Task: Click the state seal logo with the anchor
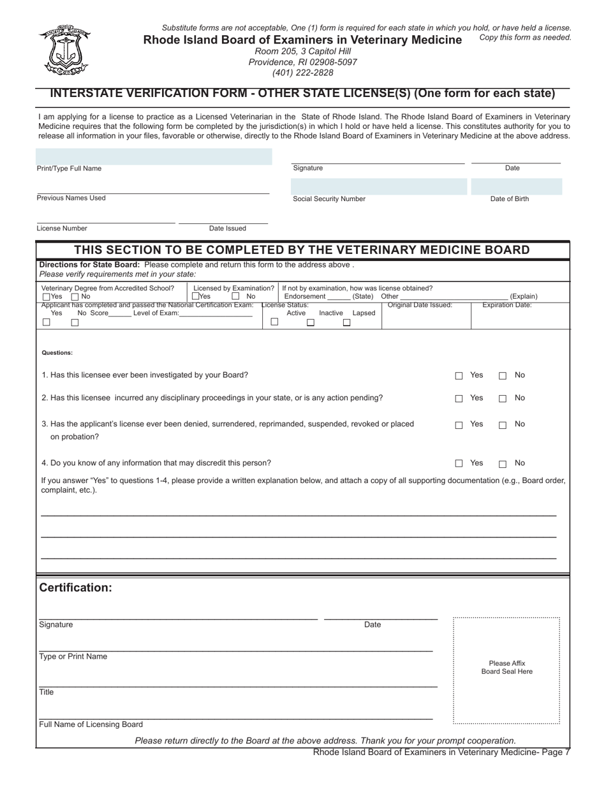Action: (64, 50)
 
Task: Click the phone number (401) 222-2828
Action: (303, 73)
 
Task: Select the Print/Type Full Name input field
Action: (154, 156)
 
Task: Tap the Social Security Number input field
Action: (379, 186)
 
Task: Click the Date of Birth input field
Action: (517, 186)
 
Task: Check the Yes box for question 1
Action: (459, 376)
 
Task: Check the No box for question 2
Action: (503, 399)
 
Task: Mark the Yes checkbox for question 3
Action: (459, 425)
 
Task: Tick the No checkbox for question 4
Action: (503, 464)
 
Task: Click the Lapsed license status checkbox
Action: (347, 323)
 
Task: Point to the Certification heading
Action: (75, 588)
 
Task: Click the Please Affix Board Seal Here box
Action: (506, 670)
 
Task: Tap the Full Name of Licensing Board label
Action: (91, 724)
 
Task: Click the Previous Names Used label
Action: (71, 198)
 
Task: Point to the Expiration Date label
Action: (506, 305)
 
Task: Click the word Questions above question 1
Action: (57, 353)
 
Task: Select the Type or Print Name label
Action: (73, 657)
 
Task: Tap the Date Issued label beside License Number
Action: (227, 228)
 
